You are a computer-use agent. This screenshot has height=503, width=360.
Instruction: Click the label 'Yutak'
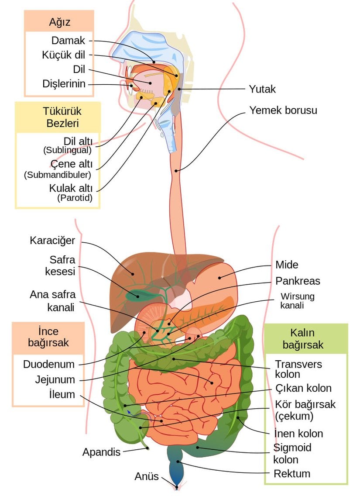coord(262,89)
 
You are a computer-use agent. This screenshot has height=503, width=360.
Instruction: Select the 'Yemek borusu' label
coord(283,110)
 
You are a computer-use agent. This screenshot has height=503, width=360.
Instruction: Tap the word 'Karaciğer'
coord(52,240)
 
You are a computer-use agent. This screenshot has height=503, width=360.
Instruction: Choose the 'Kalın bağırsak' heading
coord(303,338)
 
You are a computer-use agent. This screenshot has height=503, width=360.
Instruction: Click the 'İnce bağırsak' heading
coord(48,337)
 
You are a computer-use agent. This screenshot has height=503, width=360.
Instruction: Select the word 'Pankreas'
coord(298,281)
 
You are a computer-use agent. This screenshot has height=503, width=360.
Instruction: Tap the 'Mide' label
coord(287,265)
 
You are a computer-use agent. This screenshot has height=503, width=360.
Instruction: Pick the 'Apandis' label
coord(101,452)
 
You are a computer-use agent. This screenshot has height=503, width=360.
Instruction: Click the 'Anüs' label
coord(146,476)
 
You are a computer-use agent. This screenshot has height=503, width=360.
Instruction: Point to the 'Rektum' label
coord(291,474)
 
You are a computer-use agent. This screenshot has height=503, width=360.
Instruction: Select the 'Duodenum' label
coord(49,364)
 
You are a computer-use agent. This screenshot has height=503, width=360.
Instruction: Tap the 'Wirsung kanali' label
coord(297,301)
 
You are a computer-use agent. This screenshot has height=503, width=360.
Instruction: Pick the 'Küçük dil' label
coord(64,55)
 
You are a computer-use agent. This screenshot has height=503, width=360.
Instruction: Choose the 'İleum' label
coord(62,395)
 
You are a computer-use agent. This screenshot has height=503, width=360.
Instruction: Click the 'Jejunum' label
coord(55,379)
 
